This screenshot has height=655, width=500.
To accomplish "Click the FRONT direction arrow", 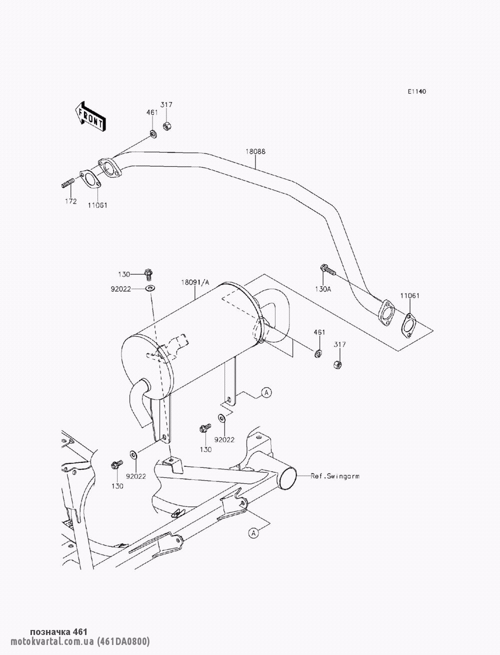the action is coord(90,117).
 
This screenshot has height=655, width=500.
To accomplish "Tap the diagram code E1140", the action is coord(417,92).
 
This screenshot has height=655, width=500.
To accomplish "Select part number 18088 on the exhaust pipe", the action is coord(255,152).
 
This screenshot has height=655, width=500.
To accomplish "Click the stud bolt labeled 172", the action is coord(67,183).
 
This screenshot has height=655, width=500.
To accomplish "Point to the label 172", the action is coord(70,202).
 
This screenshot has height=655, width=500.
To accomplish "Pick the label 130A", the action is coord(323,289).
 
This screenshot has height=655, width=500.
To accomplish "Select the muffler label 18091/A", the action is coord(195,282).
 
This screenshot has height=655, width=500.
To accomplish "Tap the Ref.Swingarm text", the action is coord(335,476).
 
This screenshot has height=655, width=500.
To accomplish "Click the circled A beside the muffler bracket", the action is coord(266,392).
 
